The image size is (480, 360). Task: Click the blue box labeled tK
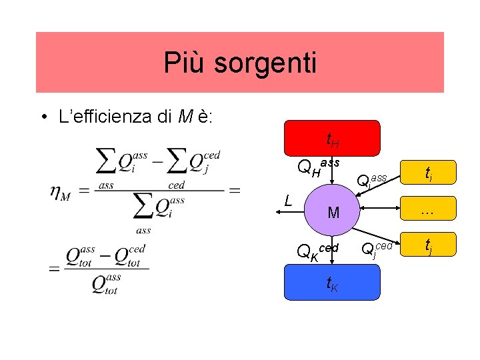[x=331, y=285]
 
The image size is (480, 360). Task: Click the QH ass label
[x=317, y=167]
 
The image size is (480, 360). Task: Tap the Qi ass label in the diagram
[x=372, y=179]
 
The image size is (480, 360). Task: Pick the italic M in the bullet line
[x=183, y=117]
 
